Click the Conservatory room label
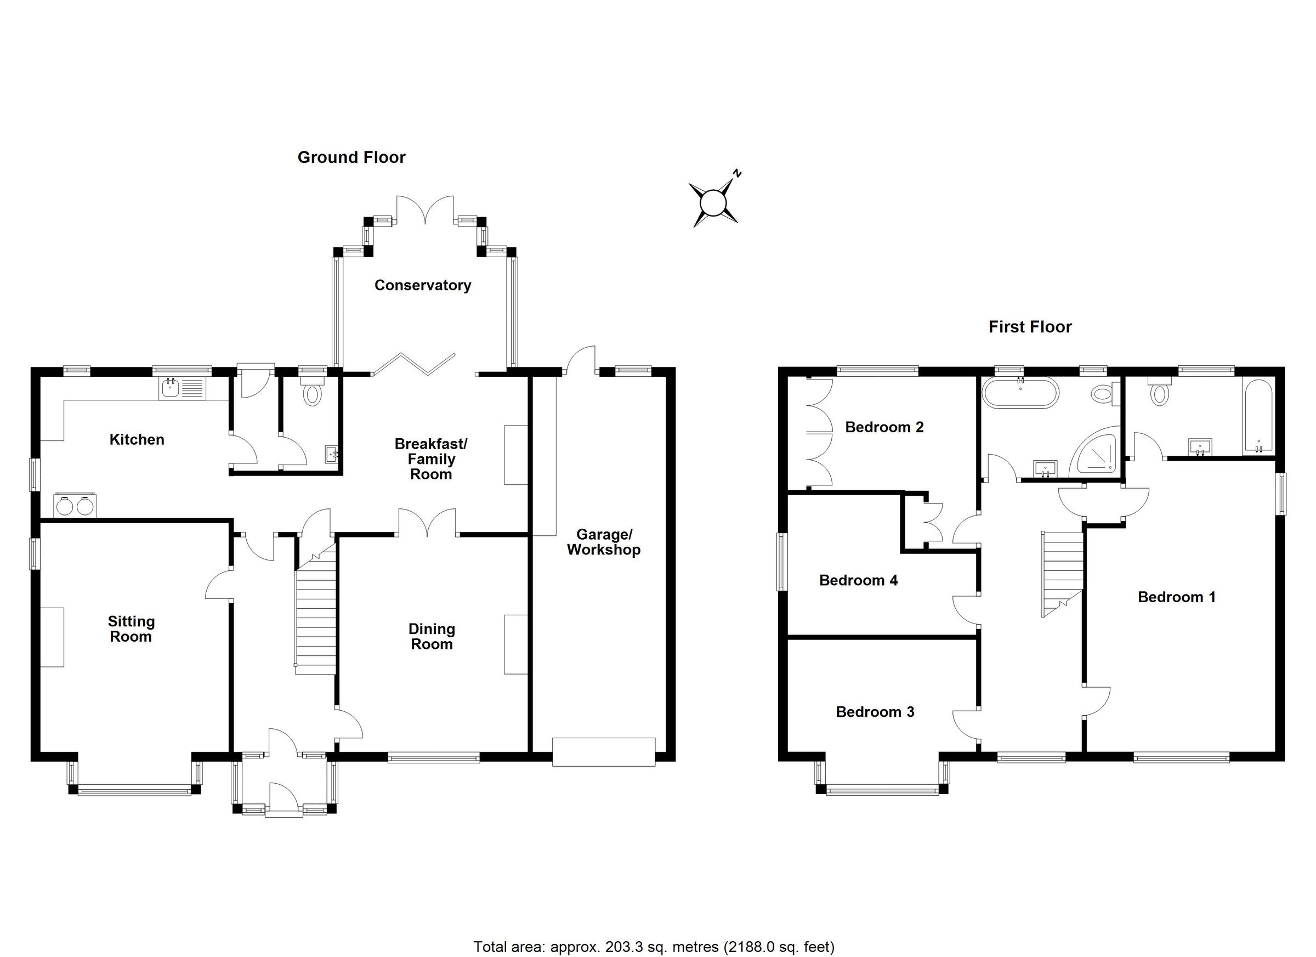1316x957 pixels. pos(422,285)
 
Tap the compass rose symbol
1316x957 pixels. pos(713,203)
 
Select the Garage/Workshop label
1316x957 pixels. pos(604,542)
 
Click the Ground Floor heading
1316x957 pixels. pos(351,157)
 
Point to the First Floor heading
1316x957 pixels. pos(1030,327)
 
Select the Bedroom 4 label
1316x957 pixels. pos(858,580)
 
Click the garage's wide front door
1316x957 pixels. pos(604,752)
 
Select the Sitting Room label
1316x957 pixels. pos(131,629)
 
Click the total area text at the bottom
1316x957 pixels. pos(654,947)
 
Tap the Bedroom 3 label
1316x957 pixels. pos(875,712)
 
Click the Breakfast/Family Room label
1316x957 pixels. pos(430,459)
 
